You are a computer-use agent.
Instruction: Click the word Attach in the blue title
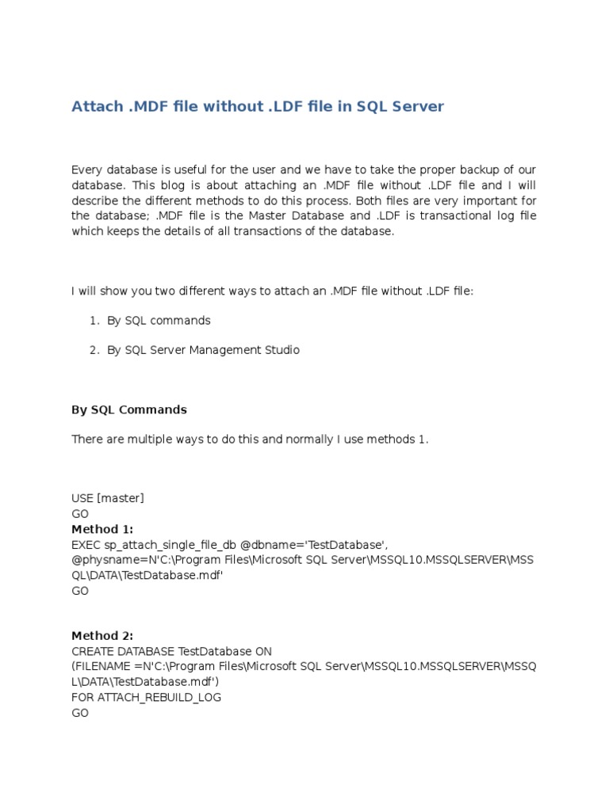(97, 106)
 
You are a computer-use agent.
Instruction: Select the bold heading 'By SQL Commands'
(129, 409)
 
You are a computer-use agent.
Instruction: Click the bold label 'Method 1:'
(102, 528)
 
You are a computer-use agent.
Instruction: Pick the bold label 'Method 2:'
(102, 635)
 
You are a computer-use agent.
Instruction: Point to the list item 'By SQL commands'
(159, 321)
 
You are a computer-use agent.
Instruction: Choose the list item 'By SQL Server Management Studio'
(203, 350)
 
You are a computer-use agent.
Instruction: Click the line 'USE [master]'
(108, 498)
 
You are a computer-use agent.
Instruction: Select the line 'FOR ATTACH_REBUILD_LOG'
(147, 697)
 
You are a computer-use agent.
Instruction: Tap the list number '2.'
(94, 350)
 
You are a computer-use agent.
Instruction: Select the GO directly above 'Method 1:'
(80, 513)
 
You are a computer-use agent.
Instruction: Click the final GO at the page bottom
(80, 713)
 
